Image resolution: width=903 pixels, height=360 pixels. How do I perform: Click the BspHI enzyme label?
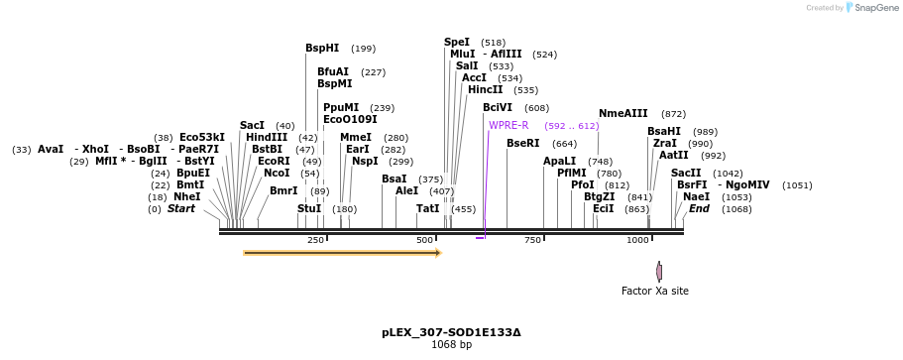(x=322, y=48)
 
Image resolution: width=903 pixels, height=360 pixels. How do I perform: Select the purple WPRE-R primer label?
(x=508, y=125)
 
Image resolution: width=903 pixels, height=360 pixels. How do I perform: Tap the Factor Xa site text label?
(x=654, y=291)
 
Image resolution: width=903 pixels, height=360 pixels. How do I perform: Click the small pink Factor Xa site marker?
(x=659, y=271)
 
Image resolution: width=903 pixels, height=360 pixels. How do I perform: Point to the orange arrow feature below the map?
(x=342, y=253)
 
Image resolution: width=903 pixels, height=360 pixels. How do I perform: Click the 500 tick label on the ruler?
(x=425, y=240)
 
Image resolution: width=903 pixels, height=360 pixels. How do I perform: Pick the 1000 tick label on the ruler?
(x=637, y=240)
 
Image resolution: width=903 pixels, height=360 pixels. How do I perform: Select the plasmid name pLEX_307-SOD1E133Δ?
(x=451, y=332)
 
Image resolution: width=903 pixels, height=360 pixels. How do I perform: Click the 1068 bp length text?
(x=451, y=345)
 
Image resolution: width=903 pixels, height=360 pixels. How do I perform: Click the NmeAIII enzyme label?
(x=622, y=113)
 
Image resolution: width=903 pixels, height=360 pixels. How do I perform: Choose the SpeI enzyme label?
(x=457, y=42)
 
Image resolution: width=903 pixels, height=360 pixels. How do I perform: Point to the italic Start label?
(x=180, y=208)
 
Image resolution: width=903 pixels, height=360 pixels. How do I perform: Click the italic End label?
(x=699, y=208)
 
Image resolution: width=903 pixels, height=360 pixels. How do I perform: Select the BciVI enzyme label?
(x=498, y=107)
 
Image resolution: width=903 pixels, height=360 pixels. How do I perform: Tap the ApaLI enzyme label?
(x=559, y=161)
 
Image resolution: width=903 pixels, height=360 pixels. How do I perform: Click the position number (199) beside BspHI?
(x=363, y=49)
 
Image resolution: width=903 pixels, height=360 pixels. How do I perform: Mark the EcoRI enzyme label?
(x=274, y=161)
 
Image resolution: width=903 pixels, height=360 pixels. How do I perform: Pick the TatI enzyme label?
(x=427, y=208)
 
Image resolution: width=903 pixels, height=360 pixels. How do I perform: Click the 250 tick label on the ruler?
(x=315, y=240)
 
